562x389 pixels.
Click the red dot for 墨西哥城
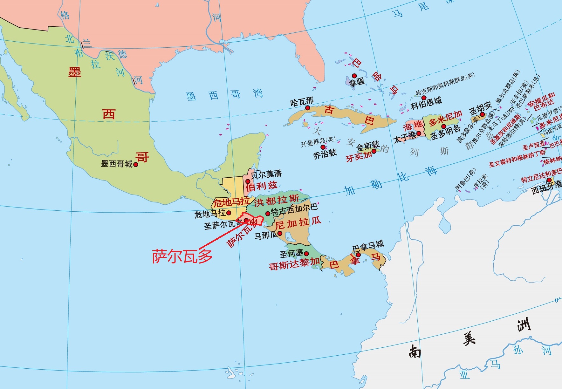click(x=136, y=165)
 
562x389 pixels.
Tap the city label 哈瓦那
click(x=302, y=102)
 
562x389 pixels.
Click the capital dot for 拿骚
click(x=354, y=76)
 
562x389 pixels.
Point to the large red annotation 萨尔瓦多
click(x=182, y=256)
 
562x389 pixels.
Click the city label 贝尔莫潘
click(x=266, y=174)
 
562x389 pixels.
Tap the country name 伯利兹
click(x=261, y=186)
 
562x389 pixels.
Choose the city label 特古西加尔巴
click(x=294, y=209)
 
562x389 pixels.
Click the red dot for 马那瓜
click(x=280, y=234)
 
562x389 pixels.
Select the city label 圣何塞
click(x=291, y=254)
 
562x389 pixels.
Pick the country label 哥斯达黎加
click(x=294, y=264)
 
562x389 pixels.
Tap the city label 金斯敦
click(x=368, y=146)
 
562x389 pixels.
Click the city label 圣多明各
click(x=445, y=133)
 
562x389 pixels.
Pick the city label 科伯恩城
click(x=426, y=103)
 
